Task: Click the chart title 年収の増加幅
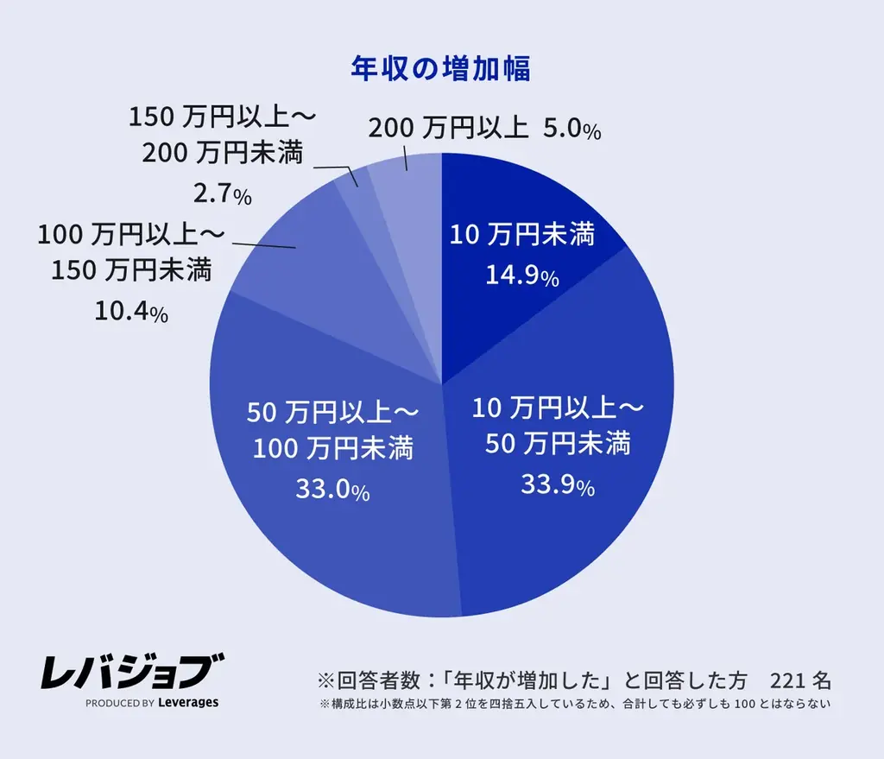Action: (x=440, y=69)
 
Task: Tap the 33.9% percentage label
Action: (x=557, y=485)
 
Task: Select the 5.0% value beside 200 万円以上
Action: (x=571, y=130)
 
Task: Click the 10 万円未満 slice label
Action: (x=522, y=234)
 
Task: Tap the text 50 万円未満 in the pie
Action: (x=557, y=444)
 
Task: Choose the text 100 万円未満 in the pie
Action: (x=332, y=449)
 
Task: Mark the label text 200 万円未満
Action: (x=222, y=154)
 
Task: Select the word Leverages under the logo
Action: (x=188, y=703)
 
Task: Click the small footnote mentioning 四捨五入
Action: (x=574, y=704)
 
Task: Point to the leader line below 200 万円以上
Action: (x=406, y=158)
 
